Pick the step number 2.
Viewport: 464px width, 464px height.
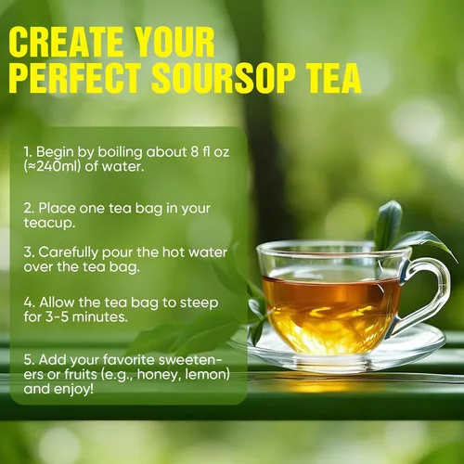[29, 209]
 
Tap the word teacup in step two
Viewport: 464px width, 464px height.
[49, 223]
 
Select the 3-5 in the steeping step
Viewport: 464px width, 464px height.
[57, 317]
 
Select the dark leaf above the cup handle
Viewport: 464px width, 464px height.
[388, 226]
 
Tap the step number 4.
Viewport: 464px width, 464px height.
[29, 303]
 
